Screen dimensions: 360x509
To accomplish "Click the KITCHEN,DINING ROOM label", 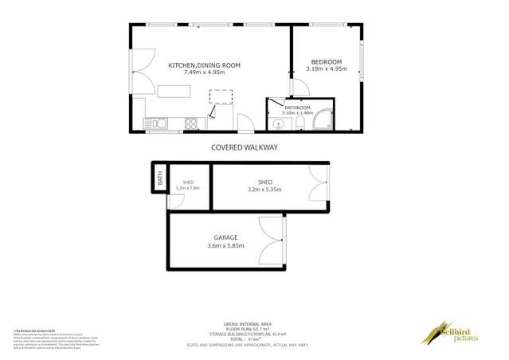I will click(x=204, y=65).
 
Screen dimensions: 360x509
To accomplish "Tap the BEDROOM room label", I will click(x=326, y=62).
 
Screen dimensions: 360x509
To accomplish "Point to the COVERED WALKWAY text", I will click(x=245, y=147).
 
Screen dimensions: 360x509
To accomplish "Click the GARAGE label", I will click(x=225, y=237).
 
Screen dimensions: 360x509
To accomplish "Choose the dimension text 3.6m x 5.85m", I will click(x=225, y=246).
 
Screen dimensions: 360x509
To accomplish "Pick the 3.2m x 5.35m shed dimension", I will click(x=264, y=190).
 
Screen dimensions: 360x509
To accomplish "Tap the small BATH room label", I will click(x=160, y=180).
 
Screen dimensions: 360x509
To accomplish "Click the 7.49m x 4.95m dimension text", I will click(x=204, y=72).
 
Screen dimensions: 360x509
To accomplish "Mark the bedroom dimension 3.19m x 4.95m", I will click(x=326, y=70).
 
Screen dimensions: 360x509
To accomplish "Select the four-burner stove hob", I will click(x=191, y=123).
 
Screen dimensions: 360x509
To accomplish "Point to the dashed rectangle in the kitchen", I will click(x=221, y=96).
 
